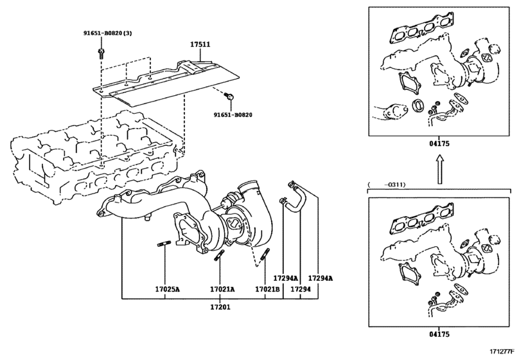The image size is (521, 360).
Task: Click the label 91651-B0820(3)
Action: pos(107,33)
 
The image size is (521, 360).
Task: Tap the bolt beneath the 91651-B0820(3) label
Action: pos(101,51)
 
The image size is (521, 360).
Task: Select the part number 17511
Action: pos(200,45)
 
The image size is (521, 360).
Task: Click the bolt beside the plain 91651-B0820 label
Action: pos(229,97)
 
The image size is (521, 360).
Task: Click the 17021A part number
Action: pos(222,290)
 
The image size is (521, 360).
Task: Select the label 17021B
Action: pos(267,290)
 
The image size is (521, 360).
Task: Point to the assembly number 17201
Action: pos(220,308)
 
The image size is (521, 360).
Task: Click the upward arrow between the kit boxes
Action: pos(439,171)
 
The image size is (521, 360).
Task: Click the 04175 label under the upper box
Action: pos(439,145)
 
